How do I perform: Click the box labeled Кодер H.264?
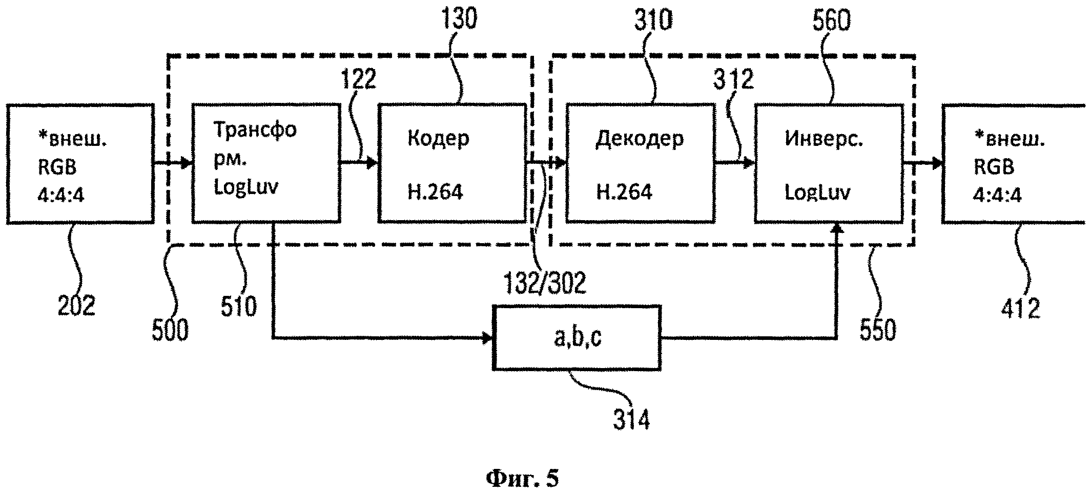click(452, 163)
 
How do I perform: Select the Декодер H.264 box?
click(640, 163)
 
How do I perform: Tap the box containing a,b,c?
click(577, 338)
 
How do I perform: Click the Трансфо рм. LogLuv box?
click(266, 163)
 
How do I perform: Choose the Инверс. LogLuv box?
click(828, 163)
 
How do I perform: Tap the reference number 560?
click(831, 20)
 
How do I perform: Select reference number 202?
click(76, 306)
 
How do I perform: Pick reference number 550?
click(878, 330)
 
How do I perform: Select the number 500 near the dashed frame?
click(170, 330)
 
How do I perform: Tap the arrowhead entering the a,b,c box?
click(487, 338)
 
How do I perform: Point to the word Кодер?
click(438, 139)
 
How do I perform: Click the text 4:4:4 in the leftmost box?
click(60, 195)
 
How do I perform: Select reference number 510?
click(238, 306)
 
